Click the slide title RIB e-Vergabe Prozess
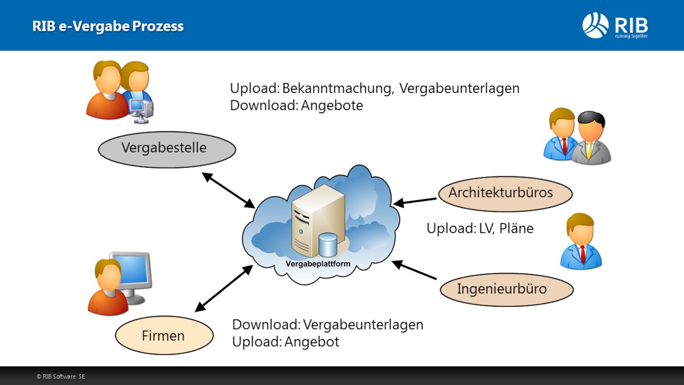click(x=108, y=26)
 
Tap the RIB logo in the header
click(x=615, y=26)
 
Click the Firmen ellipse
click(x=164, y=335)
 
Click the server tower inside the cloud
click(x=317, y=220)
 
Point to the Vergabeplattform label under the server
click(x=317, y=264)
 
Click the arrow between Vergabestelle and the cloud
click(x=229, y=189)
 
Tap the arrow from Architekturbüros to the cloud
click(x=415, y=201)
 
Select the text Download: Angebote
click(x=296, y=106)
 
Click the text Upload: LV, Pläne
click(x=480, y=228)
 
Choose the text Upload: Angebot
click(x=286, y=342)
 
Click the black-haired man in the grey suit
click(x=591, y=138)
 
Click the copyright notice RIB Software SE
click(x=61, y=376)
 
